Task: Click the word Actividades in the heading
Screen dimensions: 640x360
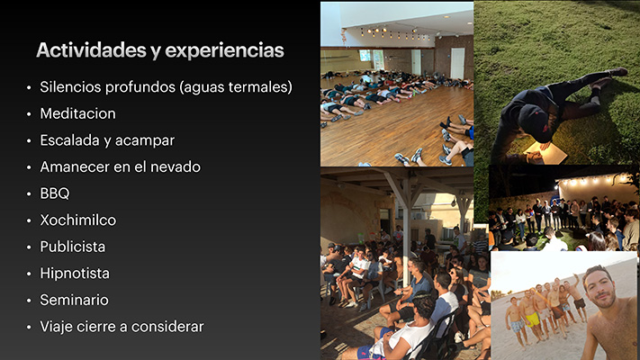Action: tap(91, 50)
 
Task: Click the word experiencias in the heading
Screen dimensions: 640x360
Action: tap(224, 50)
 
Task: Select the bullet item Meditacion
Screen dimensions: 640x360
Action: tap(77, 113)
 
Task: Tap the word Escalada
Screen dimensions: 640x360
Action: tap(70, 140)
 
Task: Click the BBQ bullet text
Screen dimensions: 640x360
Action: tap(55, 193)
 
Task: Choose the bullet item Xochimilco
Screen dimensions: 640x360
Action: tap(78, 220)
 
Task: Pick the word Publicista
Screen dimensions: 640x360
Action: tap(73, 247)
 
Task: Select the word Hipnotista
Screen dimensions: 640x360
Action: tap(75, 273)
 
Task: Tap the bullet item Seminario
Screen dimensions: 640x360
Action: tap(75, 300)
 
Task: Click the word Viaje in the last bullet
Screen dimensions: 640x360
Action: tap(57, 327)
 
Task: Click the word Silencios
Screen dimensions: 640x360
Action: tap(70, 87)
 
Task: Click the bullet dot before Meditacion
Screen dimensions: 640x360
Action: tap(29, 114)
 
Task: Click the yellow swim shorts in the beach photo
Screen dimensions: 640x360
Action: tap(532, 319)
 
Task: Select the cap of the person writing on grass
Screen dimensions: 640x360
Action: tap(533, 118)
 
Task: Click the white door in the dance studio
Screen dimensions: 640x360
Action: tap(457, 63)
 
